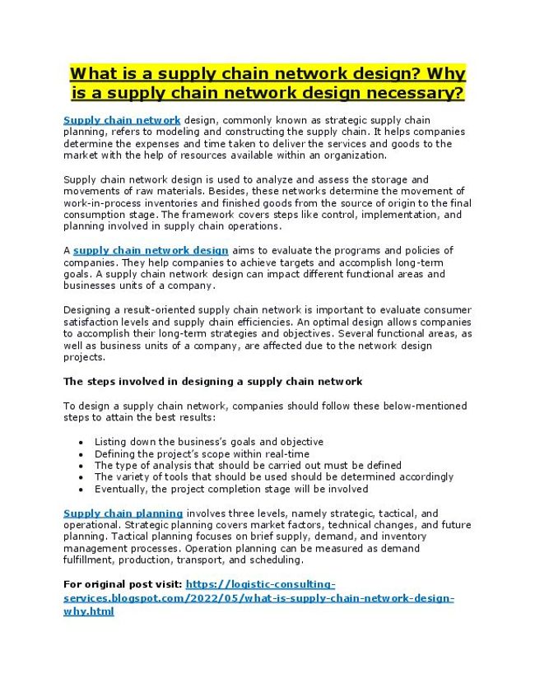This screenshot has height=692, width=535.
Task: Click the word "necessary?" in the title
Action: pos(416,93)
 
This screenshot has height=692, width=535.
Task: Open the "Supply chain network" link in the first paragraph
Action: pos(122,120)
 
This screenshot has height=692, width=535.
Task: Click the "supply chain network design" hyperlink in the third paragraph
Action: pos(151,250)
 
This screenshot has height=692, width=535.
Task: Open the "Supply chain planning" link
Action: pos(123,513)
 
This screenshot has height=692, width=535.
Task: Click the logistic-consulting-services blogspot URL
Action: pos(258,597)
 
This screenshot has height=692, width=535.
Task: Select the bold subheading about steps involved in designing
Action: pos(212,382)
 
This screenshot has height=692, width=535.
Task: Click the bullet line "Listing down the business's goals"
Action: pos(208,442)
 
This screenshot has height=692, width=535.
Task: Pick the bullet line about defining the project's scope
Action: pos(202,453)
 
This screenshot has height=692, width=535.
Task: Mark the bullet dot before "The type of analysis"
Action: pos(81,466)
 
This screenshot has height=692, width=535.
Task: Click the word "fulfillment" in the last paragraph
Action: pos(91,560)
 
